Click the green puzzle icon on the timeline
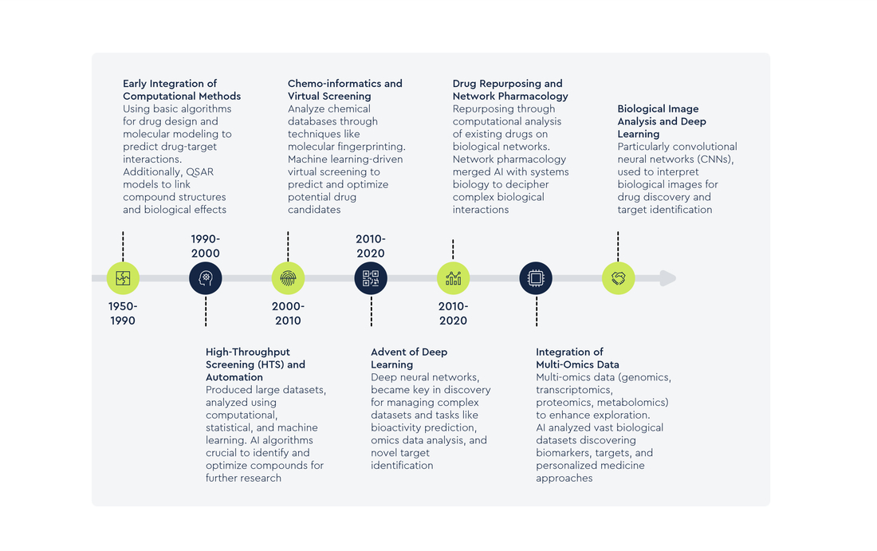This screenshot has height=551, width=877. pyautogui.click(x=123, y=278)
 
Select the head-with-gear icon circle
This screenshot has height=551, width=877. pyautogui.click(x=205, y=278)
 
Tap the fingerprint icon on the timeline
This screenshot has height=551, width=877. pyautogui.click(x=288, y=278)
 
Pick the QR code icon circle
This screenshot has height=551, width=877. pyautogui.click(x=371, y=278)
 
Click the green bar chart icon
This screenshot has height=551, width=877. pyautogui.click(x=453, y=278)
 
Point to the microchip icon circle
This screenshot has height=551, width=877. pyautogui.click(x=536, y=278)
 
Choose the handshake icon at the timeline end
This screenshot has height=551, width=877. pyautogui.click(x=618, y=278)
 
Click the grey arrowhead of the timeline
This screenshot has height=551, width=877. pyautogui.click(x=668, y=278)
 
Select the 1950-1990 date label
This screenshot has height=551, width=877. pyautogui.click(x=123, y=313)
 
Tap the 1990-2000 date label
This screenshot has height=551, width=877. pyautogui.click(x=205, y=246)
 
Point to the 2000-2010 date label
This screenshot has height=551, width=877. pyautogui.click(x=288, y=313)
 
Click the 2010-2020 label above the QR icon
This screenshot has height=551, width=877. pyautogui.click(x=371, y=246)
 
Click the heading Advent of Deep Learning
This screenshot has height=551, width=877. pyautogui.click(x=409, y=358)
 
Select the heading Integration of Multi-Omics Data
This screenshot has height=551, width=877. pyautogui.click(x=577, y=358)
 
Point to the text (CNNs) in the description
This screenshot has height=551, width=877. pyautogui.click(x=715, y=159)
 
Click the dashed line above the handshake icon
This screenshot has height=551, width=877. pyautogui.click(x=618, y=246)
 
